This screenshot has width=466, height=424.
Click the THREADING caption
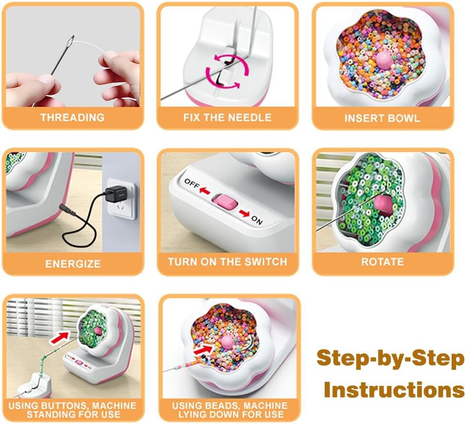73,117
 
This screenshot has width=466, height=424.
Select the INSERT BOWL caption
382,118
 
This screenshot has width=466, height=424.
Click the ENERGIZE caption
73,264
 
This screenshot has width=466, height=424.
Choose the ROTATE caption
383,261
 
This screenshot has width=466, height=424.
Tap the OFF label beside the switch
192,184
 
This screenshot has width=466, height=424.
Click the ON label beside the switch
257,220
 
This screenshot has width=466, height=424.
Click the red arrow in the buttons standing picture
60,338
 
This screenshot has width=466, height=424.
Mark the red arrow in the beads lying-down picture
204,348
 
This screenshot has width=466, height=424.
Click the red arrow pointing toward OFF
205,190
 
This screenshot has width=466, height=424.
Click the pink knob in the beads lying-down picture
228,342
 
